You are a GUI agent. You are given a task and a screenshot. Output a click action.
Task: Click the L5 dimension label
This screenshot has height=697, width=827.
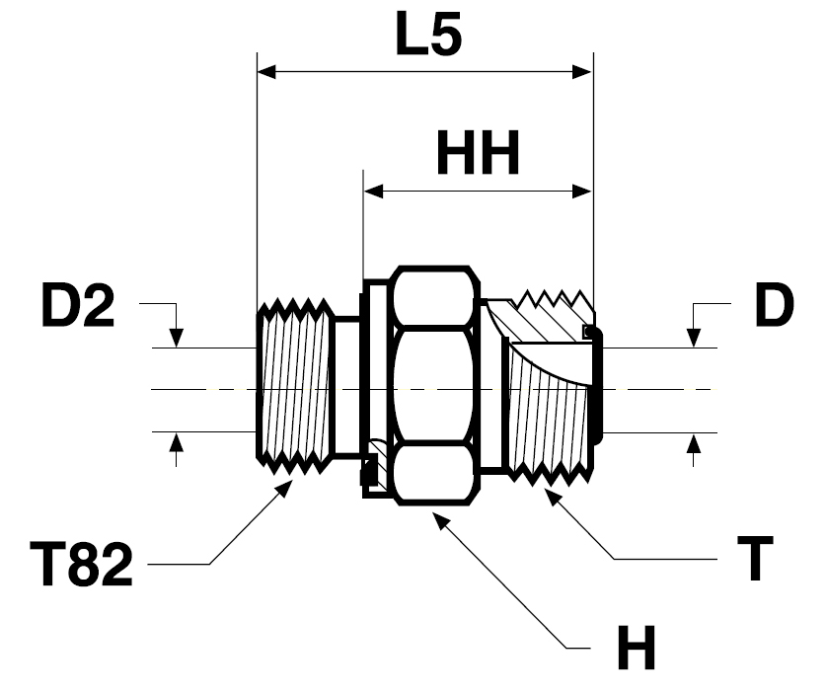428,35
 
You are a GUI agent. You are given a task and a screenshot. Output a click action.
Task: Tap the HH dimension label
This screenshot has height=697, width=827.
478,153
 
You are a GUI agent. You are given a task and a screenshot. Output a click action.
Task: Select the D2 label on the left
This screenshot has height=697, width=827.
78,305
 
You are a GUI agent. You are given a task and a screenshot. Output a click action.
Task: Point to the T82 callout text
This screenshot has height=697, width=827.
81,564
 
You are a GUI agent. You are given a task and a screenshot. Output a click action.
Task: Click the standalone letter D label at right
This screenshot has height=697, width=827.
774,305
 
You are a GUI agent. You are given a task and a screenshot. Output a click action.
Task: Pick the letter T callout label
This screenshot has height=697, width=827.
755,558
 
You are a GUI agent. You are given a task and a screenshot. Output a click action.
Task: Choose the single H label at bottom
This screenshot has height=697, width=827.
637,647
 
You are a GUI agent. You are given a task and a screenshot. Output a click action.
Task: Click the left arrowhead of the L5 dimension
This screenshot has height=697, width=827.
266,71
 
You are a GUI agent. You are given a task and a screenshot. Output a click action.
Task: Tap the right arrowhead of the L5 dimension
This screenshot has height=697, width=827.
582,71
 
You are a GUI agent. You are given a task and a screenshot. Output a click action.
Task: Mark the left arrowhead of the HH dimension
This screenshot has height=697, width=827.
373,192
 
